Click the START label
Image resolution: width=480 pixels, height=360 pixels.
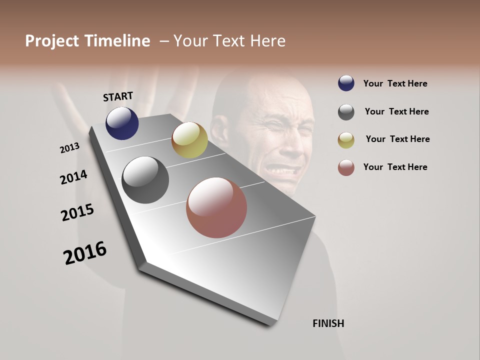(x=118, y=96)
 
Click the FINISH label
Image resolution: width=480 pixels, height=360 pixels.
(x=328, y=323)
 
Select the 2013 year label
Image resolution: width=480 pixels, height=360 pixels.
(x=70, y=148)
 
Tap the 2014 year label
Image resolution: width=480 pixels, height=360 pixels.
(x=73, y=177)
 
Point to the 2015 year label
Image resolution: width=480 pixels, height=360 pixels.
(x=77, y=212)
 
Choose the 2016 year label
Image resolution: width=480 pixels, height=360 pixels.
(x=85, y=253)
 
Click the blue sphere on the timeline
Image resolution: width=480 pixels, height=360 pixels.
(x=122, y=123)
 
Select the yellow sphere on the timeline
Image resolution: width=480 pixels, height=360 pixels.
(x=189, y=140)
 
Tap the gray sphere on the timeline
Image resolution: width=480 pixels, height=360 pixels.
(x=145, y=180)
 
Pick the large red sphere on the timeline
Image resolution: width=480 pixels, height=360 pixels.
(x=216, y=207)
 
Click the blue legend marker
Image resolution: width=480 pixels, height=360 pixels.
(x=346, y=83)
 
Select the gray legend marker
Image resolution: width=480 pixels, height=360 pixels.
(x=346, y=112)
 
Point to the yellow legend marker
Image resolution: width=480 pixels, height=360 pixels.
(x=346, y=140)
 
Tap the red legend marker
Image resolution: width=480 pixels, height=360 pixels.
(x=346, y=167)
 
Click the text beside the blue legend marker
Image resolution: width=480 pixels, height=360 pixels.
(x=395, y=83)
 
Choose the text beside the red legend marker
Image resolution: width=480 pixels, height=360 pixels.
(x=395, y=167)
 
